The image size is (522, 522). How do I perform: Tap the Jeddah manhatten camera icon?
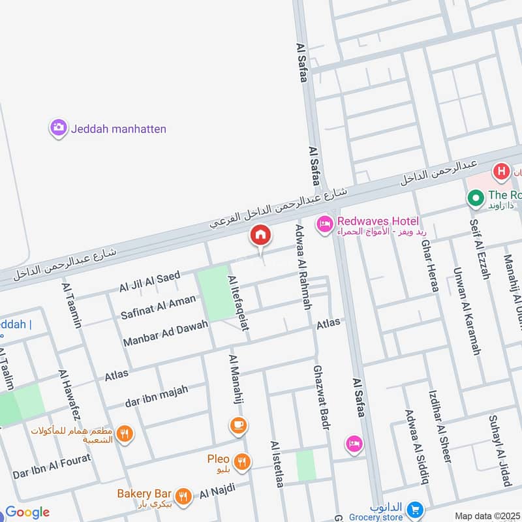coord(59,128)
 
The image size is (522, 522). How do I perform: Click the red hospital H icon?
coord(501,172)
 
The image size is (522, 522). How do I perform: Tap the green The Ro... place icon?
coord(476,196)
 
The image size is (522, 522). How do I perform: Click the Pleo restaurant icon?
coord(243,461)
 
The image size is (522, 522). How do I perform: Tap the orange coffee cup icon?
coord(238,426)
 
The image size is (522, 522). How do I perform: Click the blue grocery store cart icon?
coord(413,508)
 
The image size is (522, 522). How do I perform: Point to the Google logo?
coord(27,512)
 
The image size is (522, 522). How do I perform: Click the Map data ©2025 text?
coord(486,515)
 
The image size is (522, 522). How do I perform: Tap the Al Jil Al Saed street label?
coord(149,283)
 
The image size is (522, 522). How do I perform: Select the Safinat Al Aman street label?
coord(158,307)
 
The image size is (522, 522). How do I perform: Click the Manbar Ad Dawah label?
coord(165,333)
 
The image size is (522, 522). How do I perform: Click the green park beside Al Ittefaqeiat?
coord(214,292)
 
